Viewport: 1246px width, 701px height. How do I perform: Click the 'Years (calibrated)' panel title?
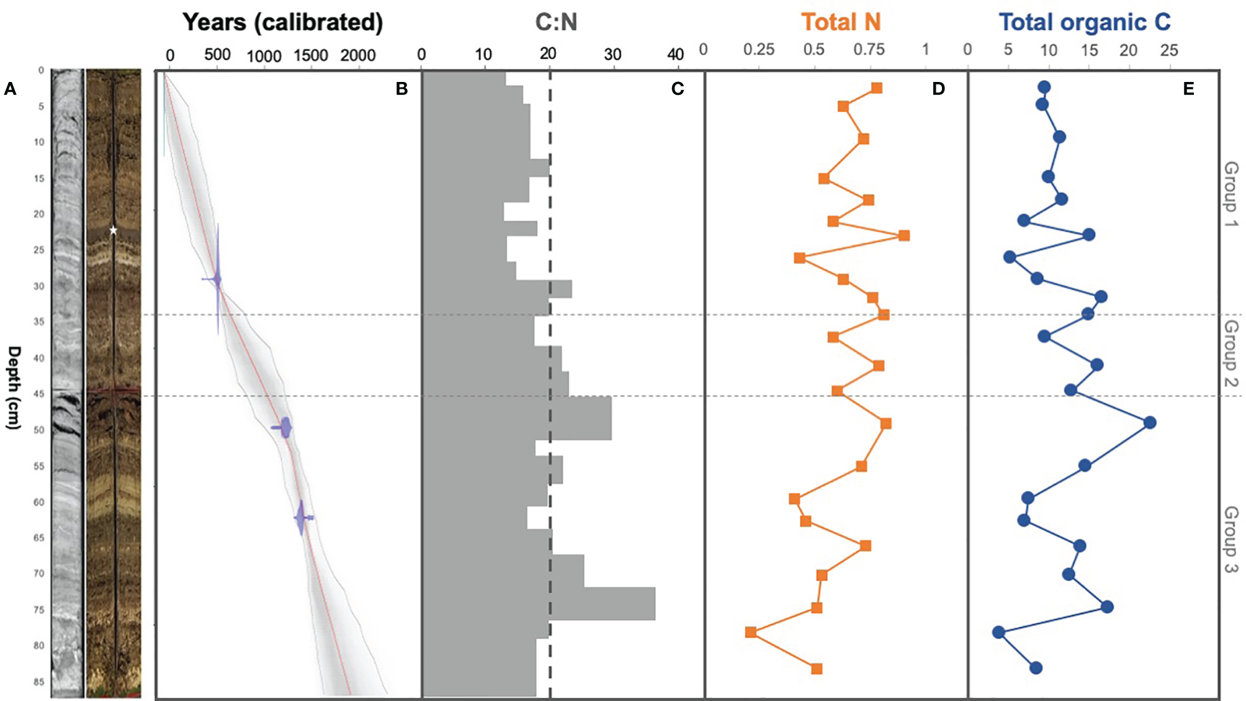(x=282, y=22)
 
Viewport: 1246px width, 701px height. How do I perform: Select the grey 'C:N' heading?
(x=556, y=22)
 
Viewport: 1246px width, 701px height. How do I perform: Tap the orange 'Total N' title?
(x=841, y=22)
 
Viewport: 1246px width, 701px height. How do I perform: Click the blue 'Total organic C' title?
(x=1084, y=22)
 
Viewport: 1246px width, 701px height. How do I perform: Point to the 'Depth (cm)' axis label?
(x=14, y=387)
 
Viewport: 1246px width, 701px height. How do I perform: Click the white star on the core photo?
(x=113, y=230)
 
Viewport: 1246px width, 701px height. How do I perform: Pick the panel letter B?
(x=401, y=89)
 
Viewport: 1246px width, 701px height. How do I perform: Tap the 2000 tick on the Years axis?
(x=358, y=55)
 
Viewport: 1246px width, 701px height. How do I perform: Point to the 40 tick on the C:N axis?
(x=675, y=55)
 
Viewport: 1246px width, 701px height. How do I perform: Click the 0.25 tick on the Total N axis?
(x=759, y=50)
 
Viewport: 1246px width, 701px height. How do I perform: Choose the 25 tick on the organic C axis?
(x=1169, y=50)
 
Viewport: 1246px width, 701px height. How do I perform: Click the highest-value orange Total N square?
(x=904, y=235)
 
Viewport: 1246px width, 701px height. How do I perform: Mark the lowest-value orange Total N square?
(x=751, y=632)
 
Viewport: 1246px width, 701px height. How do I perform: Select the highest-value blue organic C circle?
(x=1150, y=423)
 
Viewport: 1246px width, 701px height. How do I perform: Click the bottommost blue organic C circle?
(x=1036, y=668)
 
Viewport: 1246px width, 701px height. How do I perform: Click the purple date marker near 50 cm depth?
(x=284, y=428)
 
